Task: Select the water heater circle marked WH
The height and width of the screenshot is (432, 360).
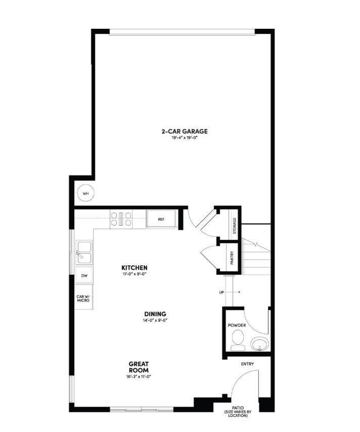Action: (85, 193)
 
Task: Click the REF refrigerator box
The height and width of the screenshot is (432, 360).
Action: (161, 220)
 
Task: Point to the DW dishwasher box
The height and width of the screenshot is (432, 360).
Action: (83, 276)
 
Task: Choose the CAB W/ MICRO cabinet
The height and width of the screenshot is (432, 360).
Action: (83, 298)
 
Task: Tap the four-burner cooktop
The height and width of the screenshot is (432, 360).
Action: (121, 219)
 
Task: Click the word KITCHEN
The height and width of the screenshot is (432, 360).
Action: (134, 267)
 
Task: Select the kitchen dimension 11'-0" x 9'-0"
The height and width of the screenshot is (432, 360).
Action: (134, 274)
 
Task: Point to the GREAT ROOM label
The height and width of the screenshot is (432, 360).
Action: (139, 367)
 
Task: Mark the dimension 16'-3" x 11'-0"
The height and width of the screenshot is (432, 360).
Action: (139, 376)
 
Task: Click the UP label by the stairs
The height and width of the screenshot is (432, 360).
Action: (221, 292)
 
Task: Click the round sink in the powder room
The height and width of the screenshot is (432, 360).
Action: (259, 344)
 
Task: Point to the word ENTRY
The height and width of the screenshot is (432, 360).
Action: (247, 364)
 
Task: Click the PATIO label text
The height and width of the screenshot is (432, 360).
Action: (238, 409)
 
